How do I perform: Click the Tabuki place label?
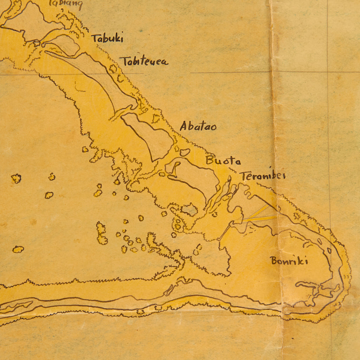pos(107,38)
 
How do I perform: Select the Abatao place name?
pos(198,126)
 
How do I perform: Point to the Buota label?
pos(223,161)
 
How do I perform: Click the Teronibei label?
pos(262,176)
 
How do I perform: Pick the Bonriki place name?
pos(289,261)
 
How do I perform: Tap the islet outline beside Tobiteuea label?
pos(113,68)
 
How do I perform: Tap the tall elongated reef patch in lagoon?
pos(102,233)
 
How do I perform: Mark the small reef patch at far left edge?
pos(18,249)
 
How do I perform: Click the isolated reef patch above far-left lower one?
pos(16,178)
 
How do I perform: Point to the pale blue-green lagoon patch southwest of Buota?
pos(190,210)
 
